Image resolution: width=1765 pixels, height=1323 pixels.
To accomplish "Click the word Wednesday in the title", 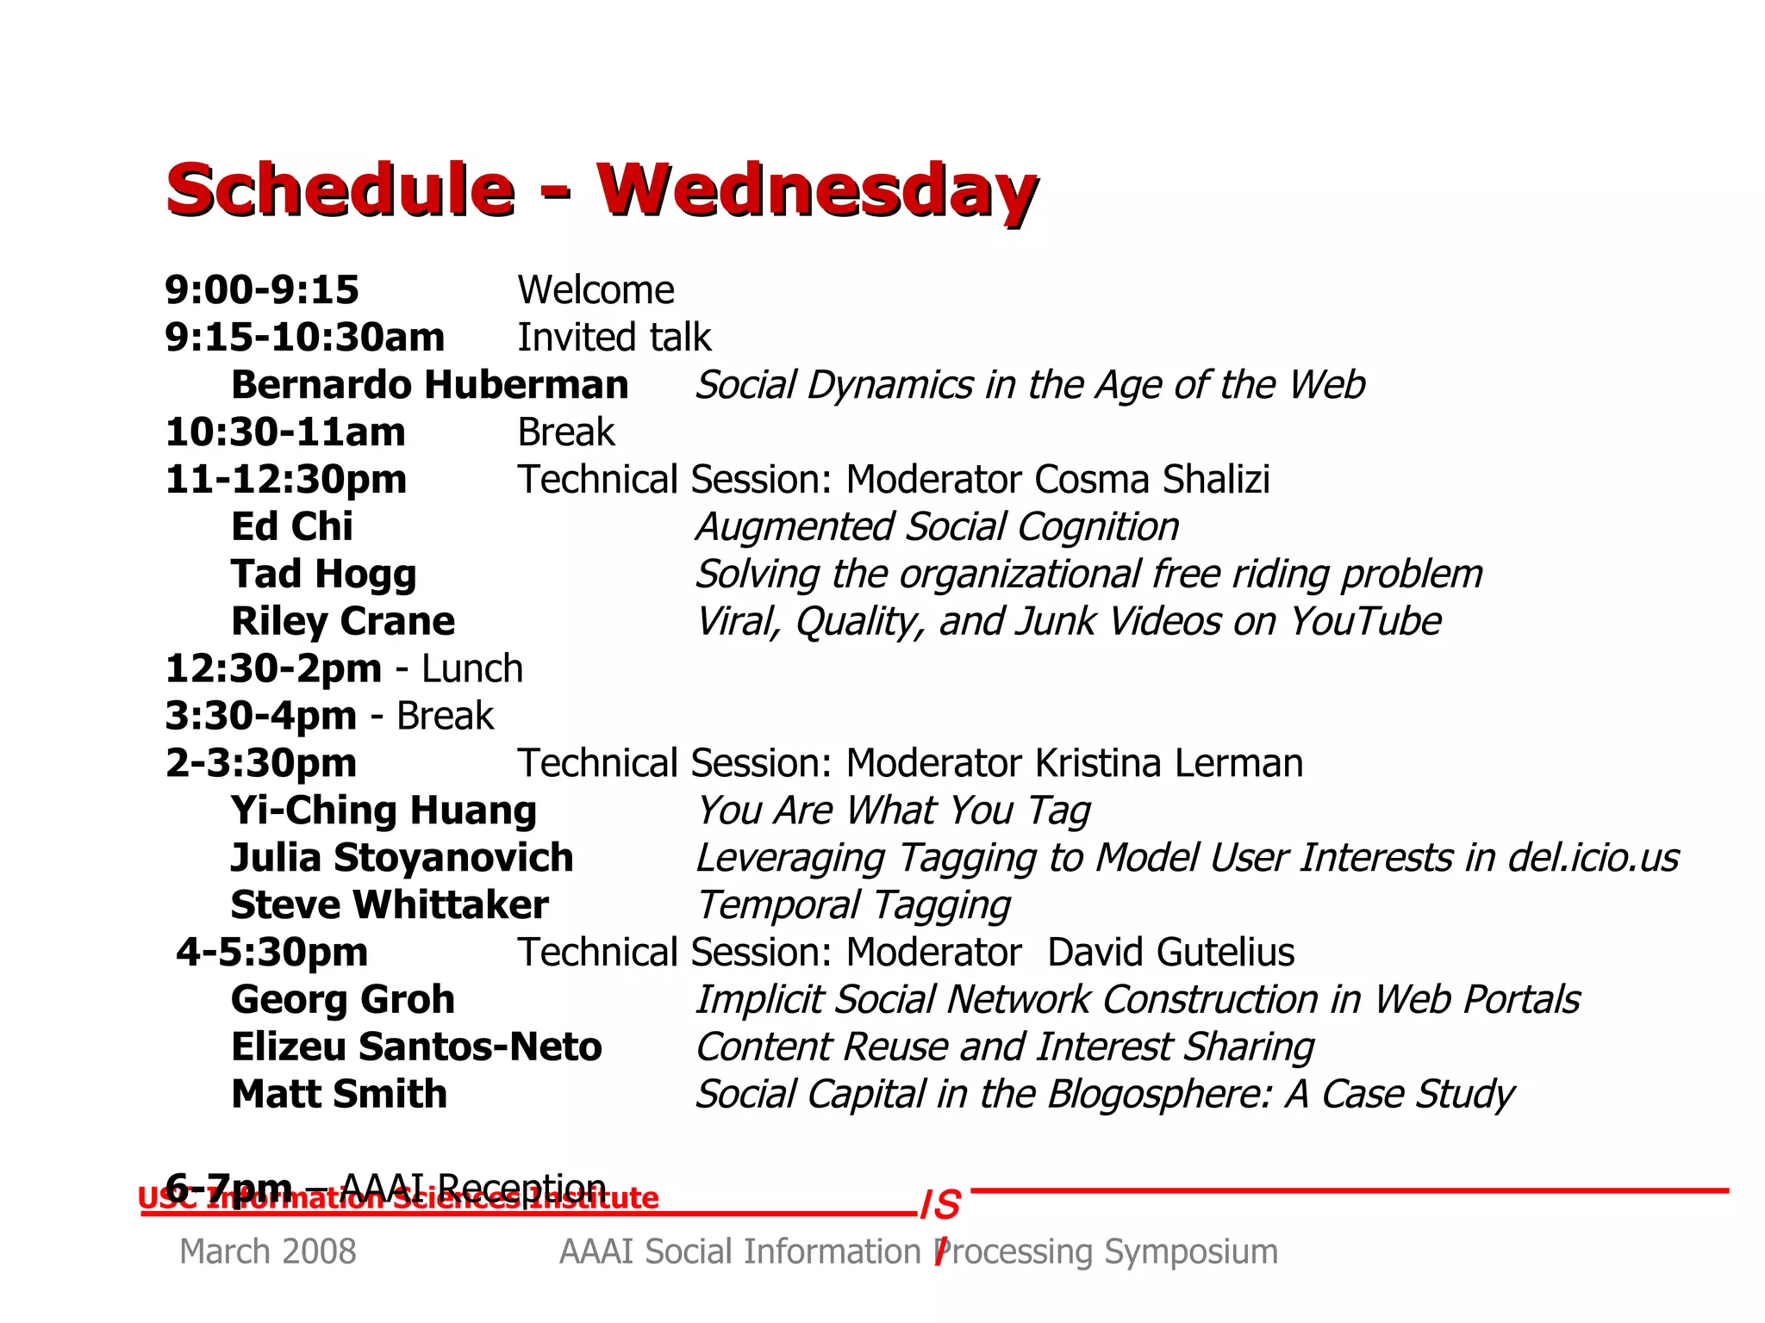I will pos(816,190).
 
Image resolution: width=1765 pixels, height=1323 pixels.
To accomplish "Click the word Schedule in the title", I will pos(340,190).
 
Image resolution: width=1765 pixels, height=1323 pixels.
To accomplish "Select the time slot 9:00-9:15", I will pos(262,290).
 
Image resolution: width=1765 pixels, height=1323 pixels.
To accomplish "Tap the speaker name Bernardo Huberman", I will pos(430,385).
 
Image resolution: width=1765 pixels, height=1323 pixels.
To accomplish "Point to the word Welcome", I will pos(596,290).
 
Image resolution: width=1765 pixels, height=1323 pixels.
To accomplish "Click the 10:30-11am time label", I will pos(285,432).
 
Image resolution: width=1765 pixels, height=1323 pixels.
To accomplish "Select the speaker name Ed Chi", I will pos(292,527).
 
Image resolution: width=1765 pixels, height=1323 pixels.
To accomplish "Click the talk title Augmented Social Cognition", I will pos(938,527).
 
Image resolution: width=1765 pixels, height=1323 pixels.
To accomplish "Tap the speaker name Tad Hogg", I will pos(324,575).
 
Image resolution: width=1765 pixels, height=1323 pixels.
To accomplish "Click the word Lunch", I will pos(472,669).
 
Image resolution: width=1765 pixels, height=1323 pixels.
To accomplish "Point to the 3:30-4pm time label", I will pos(260,717).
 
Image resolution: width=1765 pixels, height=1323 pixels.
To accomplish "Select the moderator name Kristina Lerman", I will pos(1169,764).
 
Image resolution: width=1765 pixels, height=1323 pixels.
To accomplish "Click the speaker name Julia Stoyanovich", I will pos(402,858).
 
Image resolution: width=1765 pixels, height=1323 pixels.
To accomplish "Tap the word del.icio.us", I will pos(1593,858).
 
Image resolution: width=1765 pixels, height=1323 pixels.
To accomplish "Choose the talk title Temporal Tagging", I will pos(853,905).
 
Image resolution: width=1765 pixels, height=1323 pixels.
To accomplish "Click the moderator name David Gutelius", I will pos(1170,953).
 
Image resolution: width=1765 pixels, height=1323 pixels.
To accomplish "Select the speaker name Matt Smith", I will pos(340,1095).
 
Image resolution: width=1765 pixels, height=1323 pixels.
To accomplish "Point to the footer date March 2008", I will pos(268,1252).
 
